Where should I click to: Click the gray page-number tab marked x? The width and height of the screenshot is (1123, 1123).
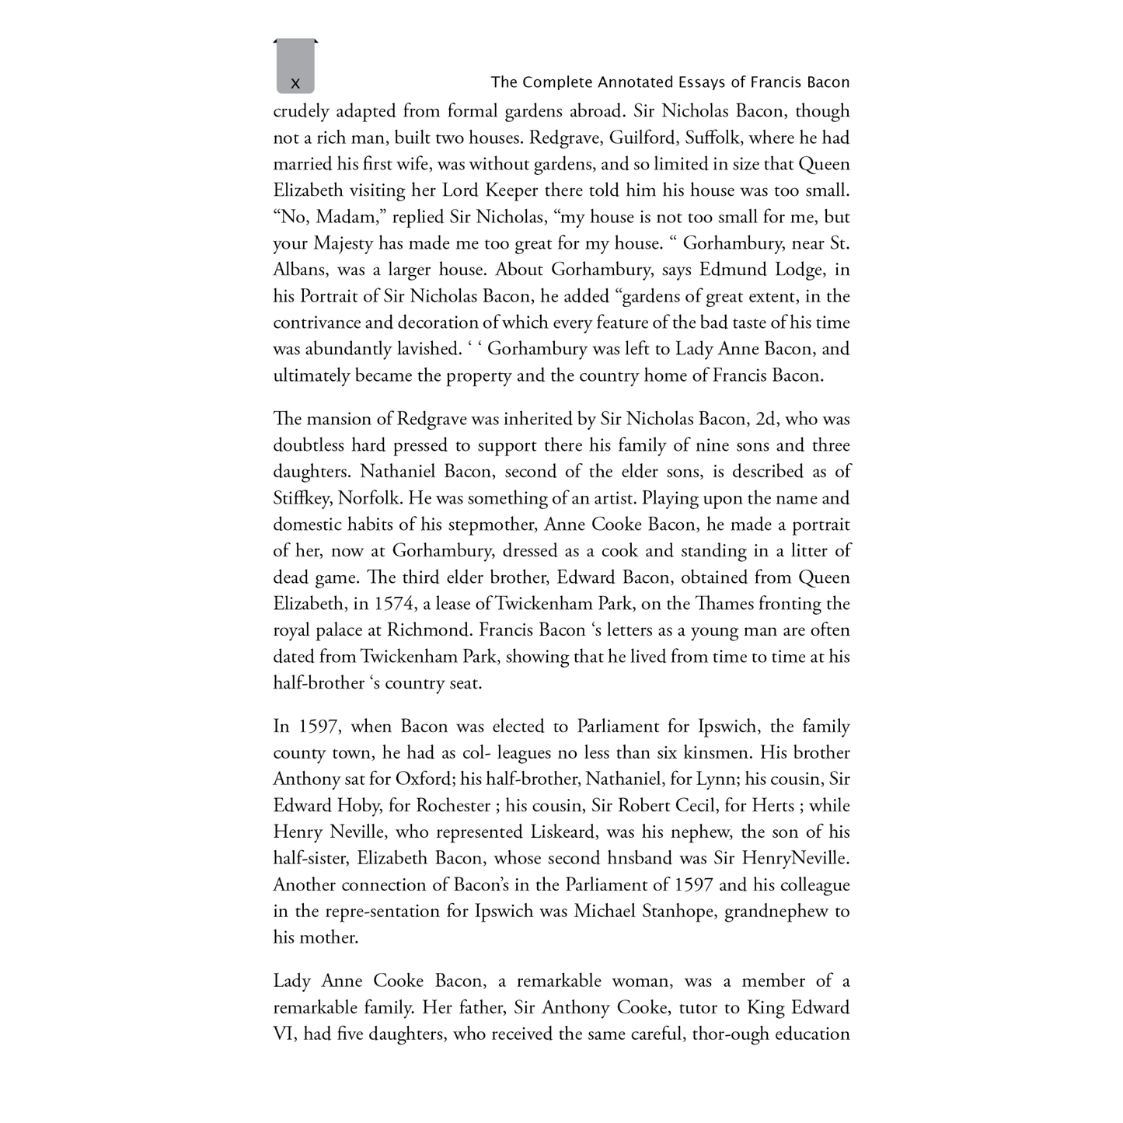click(295, 68)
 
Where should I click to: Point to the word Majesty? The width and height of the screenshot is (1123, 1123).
click(343, 243)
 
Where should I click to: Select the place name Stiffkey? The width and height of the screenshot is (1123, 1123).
click(302, 498)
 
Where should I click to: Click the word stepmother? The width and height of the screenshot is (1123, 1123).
click(481, 525)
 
